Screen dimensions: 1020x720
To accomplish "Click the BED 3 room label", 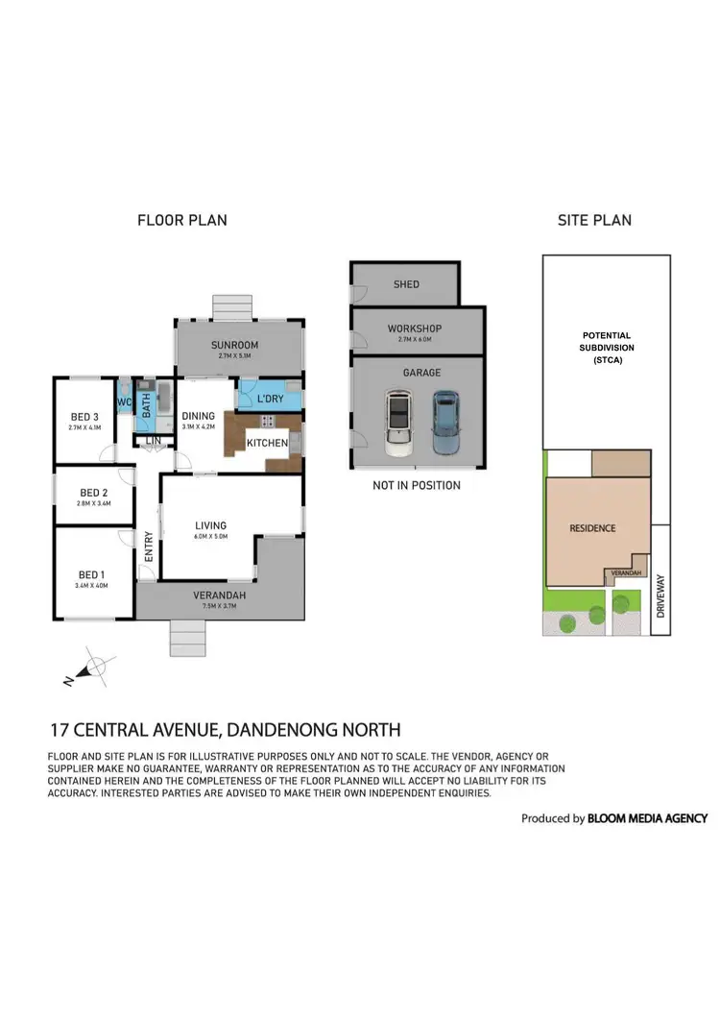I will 84,417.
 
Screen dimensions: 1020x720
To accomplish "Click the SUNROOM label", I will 235,346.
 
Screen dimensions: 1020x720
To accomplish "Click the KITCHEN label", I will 267,443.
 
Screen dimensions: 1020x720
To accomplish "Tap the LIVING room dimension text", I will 210,539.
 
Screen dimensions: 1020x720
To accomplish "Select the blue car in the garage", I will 445,422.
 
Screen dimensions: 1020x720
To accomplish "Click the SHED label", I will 406,285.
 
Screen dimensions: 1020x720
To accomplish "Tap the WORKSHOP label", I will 415,329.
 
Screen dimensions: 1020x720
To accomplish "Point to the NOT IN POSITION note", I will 417,485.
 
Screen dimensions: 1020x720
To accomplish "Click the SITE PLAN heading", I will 594,220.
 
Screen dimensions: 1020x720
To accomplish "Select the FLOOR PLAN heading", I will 182,220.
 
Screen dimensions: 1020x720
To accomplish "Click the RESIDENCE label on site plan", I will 592,528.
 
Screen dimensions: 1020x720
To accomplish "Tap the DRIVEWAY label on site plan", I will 660,595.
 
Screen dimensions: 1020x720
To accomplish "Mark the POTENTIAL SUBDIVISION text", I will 607,348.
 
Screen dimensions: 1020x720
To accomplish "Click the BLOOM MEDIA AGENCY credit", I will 649,818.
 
